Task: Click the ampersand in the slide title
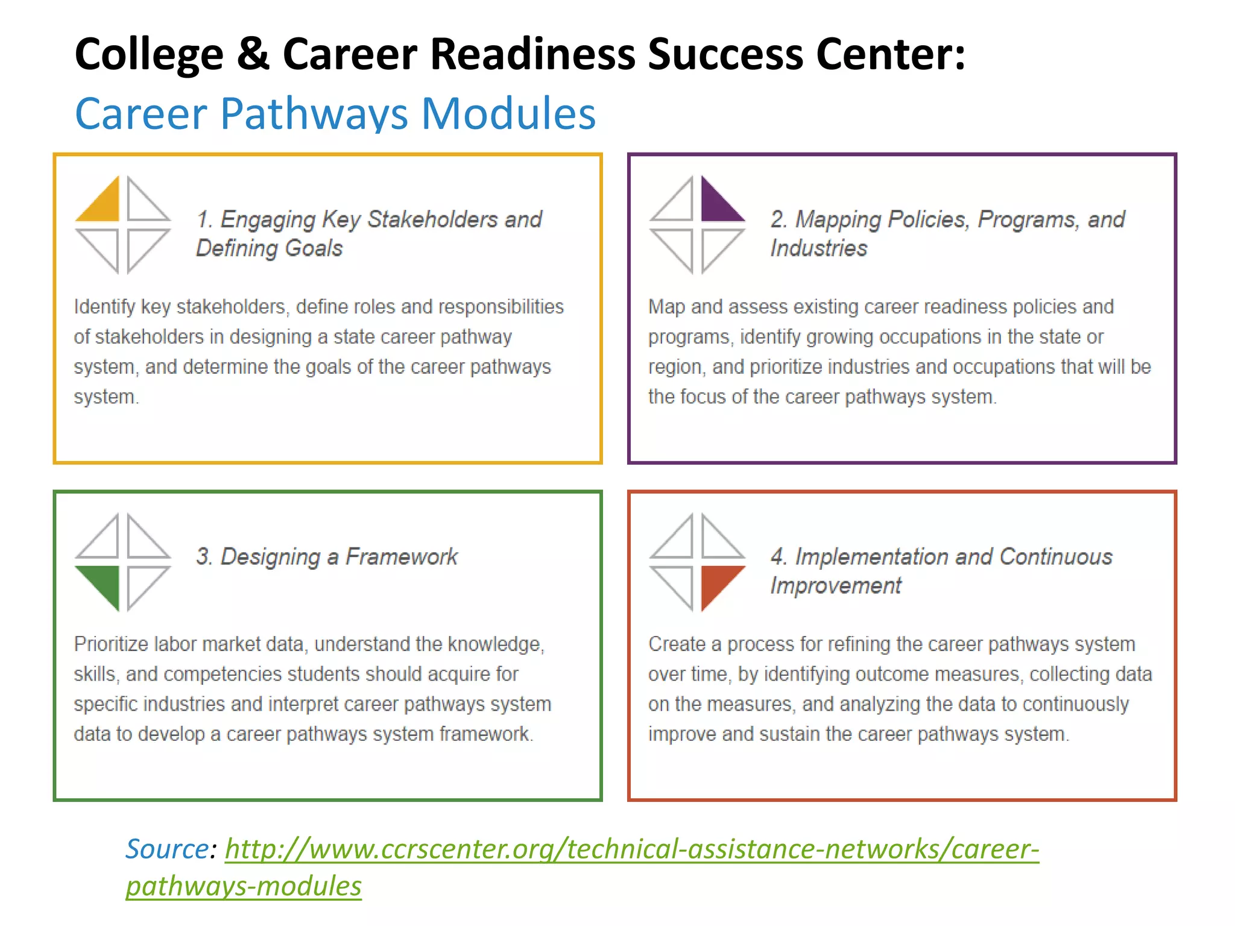coord(253,54)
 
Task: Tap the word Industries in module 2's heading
coord(819,248)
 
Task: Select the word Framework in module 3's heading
coord(402,556)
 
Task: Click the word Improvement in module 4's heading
coord(836,585)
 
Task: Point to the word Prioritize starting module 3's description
coord(111,644)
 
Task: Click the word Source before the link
coord(167,849)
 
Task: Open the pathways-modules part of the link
coord(244,886)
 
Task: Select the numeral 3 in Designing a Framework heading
coord(203,556)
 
